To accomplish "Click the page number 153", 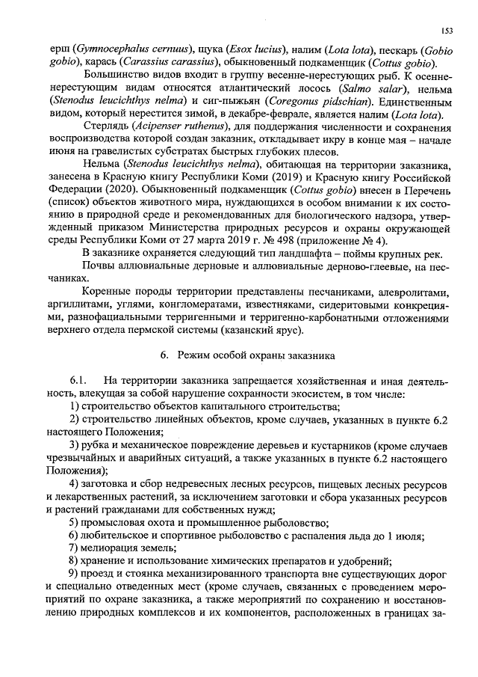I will coord(447,31).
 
